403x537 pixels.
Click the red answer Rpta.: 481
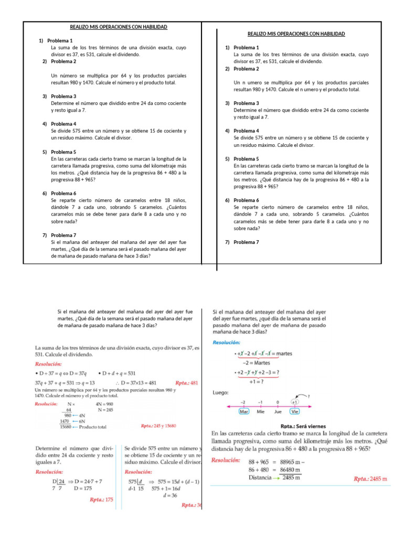point(187,383)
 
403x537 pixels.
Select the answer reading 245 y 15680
point(158,426)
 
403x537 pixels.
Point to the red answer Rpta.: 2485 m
point(370,479)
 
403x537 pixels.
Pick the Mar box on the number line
point(243,412)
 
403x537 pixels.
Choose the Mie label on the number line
point(260,412)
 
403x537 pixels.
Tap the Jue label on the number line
point(278,412)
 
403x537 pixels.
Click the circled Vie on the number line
point(295,412)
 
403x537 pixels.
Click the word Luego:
point(221,392)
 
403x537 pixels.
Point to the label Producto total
point(93,427)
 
